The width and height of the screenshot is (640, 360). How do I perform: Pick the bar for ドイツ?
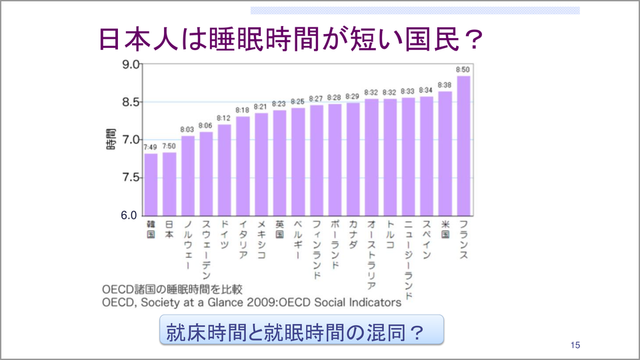click(225, 169)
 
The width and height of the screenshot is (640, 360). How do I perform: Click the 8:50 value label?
click(463, 69)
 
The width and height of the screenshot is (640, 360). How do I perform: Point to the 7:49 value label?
click(151, 147)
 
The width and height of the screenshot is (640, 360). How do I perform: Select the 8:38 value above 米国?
click(445, 85)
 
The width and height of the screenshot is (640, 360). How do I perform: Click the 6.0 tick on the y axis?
click(129, 216)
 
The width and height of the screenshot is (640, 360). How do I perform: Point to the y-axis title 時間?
click(111, 138)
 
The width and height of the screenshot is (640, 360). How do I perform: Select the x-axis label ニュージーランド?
click(409, 261)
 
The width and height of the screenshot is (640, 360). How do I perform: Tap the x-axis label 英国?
click(280, 229)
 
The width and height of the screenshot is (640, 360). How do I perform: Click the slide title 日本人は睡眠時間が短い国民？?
click(290, 39)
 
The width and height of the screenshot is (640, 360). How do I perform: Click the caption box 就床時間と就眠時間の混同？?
click(302, 331)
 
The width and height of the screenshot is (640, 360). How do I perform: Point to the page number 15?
click(575, 345)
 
